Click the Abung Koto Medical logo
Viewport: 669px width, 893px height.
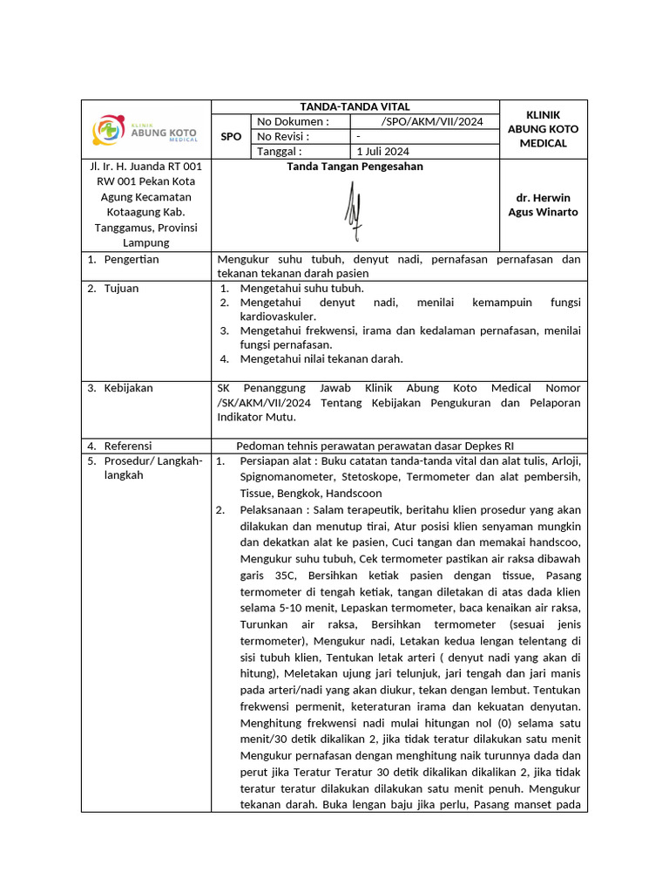click(x=145, y=130)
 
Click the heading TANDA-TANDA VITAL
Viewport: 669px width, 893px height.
click(x=355, y=106)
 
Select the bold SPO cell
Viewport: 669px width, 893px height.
click(x=231, y=137)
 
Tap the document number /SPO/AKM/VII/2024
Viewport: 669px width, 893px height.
click(x=432, y=121)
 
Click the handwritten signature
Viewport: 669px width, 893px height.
click(x=353, y=210)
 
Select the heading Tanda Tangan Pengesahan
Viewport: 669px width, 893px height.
click(x=355, y=167)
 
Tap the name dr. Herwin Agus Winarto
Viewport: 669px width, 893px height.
click(x=543, y=205)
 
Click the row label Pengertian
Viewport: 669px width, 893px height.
click(x=132, y=260)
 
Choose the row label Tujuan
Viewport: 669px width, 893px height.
click(x=121, y=289)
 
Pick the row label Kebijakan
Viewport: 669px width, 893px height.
click(x=128, y=388)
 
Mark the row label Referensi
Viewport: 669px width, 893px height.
click(x=129, y=446)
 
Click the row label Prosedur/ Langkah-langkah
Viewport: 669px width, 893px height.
click(x=152, y=468)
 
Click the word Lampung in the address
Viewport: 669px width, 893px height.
click(x=145, y=243)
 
